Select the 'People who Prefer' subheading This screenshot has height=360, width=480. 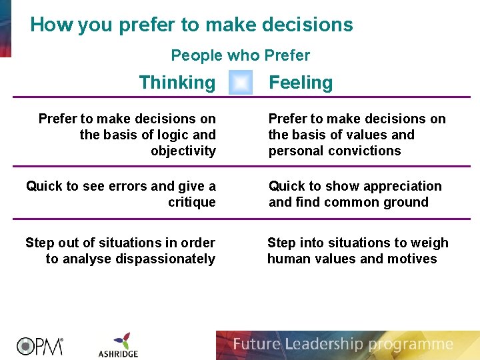pyautogui.click(x=241, y=55)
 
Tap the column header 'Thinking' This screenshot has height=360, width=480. pyautogui.click(x=177, y=83)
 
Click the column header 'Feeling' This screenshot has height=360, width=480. pyautogui.click(x=301, y=83)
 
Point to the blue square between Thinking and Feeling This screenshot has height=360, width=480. pyautogui.click(x=241, y=83)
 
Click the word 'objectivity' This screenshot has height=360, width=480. pyautogui.click(x=183, y=151)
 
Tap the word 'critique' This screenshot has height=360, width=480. pyautogui.click(x=192, y=202)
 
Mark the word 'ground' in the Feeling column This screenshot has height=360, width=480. pyautogui.click(x=404, y=202)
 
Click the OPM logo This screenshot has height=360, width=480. pyautogui.click(x=39, y=345)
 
